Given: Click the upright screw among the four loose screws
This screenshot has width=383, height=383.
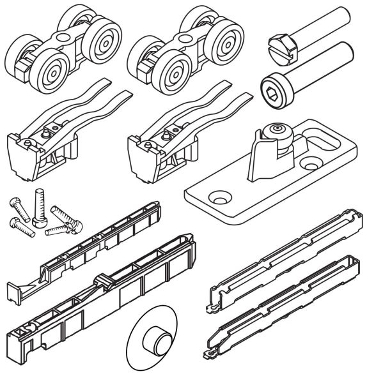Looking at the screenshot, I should pos(39,208).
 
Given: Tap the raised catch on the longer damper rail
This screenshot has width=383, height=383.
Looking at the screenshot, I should pos(102,280).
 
